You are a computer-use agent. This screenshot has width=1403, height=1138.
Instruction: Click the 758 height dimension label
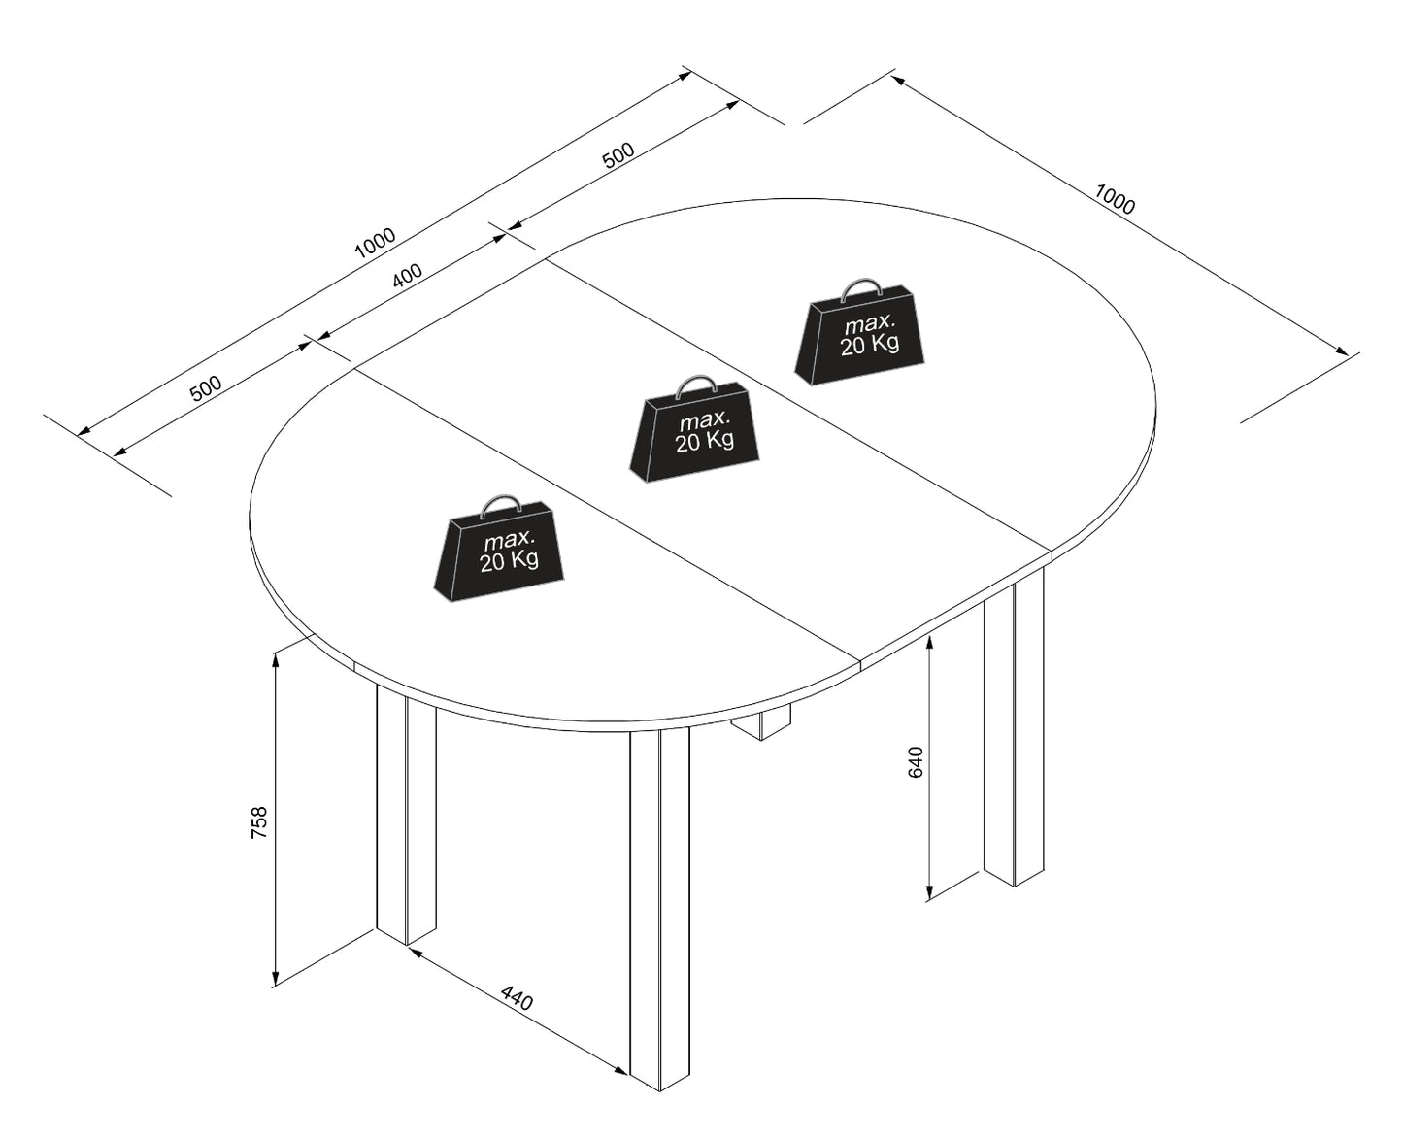[x=259, y=822]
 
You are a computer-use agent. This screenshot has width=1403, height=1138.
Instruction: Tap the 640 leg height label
[x=916, y=762]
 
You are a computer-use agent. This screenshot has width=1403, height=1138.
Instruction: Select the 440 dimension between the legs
[x=517, y=998]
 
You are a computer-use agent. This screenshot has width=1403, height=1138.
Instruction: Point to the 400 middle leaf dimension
[x=407, y=276]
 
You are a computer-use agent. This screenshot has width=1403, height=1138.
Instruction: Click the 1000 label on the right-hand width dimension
[x=1115, y=199]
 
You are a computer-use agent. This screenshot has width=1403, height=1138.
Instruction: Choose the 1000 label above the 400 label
[x=375, y=243]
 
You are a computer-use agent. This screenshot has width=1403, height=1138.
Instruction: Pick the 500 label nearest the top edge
[x=618, y=154]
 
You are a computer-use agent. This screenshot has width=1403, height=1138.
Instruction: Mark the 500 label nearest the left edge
[x=206, y=388]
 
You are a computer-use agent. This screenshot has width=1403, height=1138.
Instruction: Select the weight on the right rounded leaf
[x=859, y=332]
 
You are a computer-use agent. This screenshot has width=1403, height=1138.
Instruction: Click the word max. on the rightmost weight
[x=869, y=323]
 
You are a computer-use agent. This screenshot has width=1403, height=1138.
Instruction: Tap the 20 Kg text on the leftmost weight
[x=509, y=561]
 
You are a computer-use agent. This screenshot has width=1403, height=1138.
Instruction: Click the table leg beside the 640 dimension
[x=1014, y=727]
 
